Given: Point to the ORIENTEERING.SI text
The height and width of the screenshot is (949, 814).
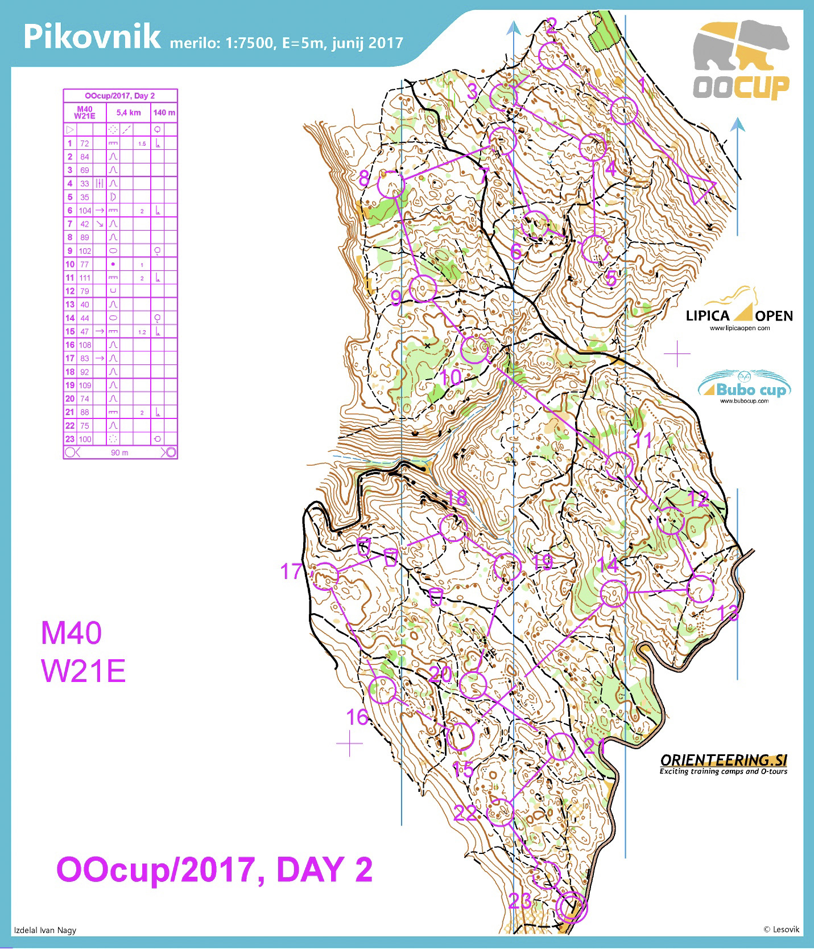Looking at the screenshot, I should pyautogui.click(x=723, y=761).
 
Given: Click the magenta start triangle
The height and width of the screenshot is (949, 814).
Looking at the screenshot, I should pyautogui.click(x=700, y=187).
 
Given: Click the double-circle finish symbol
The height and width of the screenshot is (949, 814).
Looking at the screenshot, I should pyautogui.click(x=572, y=907).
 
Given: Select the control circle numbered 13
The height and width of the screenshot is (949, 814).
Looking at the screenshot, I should pyautogui.click(x=700, y=589).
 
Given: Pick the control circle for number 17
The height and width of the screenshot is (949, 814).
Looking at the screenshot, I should pyautogui.click(x=326, y=576).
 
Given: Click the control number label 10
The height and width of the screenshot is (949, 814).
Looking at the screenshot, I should pyautogui.click(x=451, y=377).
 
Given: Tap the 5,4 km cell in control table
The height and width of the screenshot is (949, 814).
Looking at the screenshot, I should pyautogui.click(x=129, y=112).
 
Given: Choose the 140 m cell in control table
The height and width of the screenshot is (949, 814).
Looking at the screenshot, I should pyautogui.click(x=164, y=112).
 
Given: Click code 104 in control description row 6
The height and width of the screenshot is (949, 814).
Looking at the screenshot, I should pyautogui.click(x=85, y=211).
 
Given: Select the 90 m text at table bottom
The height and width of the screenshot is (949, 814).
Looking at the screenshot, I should pyautogui.click(x=119, y=453).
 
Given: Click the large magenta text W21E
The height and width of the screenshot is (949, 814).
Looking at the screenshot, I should pyautogui.click(x=83, y=671).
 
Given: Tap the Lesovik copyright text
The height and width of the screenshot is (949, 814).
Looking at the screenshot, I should pyautogui.click(x=781, y=929).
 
